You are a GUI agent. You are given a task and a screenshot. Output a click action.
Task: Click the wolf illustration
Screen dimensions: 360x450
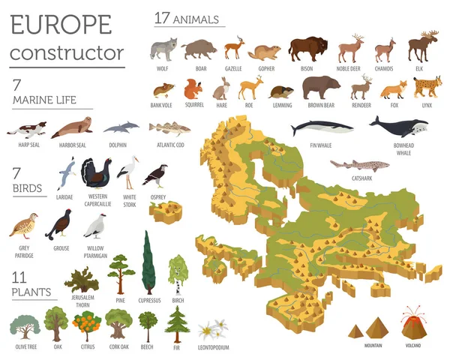click(x=163, y=49)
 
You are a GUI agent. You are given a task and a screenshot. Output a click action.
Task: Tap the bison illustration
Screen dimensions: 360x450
click(x=309, y=49)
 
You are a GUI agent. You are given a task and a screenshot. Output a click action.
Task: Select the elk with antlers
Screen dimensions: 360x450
click(x=423, y=46)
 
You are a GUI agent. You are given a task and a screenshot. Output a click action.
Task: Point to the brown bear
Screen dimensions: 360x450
click(x=321, y=88)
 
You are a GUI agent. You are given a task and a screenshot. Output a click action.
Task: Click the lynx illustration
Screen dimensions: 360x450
click(x=427, y=88)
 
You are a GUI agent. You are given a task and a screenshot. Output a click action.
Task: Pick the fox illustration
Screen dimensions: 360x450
click(x=394, y=90)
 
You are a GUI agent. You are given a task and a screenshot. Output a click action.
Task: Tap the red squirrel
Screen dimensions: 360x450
click(x=193, y=90)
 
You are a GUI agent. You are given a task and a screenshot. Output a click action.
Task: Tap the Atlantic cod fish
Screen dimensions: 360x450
click(x=169, y=128)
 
